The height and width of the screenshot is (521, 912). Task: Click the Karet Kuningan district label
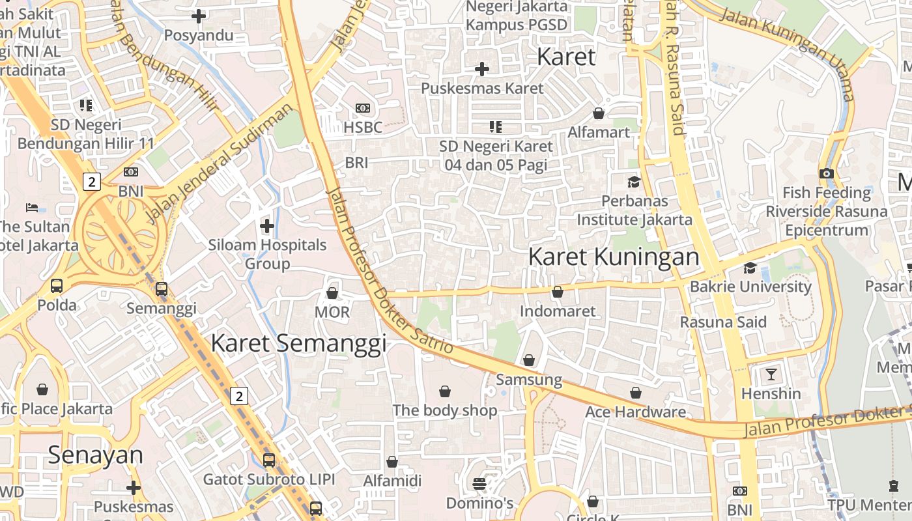(614, 257)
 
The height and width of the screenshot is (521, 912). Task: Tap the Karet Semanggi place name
(298, 343)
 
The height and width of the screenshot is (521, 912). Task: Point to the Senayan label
(95, 455)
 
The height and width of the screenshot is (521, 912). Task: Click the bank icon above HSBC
(363, 108)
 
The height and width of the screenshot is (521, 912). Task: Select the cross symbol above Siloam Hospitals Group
(267, 226)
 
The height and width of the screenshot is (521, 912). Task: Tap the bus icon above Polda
(57, 285)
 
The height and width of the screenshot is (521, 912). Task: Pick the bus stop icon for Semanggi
(161, 289)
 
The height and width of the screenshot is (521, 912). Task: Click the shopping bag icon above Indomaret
(558, 292)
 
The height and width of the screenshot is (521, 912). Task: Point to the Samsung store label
(529, 380)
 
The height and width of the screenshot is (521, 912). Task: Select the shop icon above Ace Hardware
(636, 393)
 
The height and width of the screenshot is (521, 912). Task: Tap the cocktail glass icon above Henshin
(771, 374)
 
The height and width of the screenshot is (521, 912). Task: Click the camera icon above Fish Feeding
(827, 173)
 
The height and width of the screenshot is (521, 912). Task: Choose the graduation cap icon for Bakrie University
(750, 268)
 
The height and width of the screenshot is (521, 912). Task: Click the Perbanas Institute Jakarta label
(634, 210)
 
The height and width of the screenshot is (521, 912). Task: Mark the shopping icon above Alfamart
(599, 113)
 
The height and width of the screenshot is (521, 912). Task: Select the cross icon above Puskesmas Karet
(482, 69)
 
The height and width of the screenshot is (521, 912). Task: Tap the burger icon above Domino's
(479, 484)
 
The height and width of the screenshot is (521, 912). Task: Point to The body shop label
(445, 410)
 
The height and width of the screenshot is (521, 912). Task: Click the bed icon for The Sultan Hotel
(32, 208)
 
